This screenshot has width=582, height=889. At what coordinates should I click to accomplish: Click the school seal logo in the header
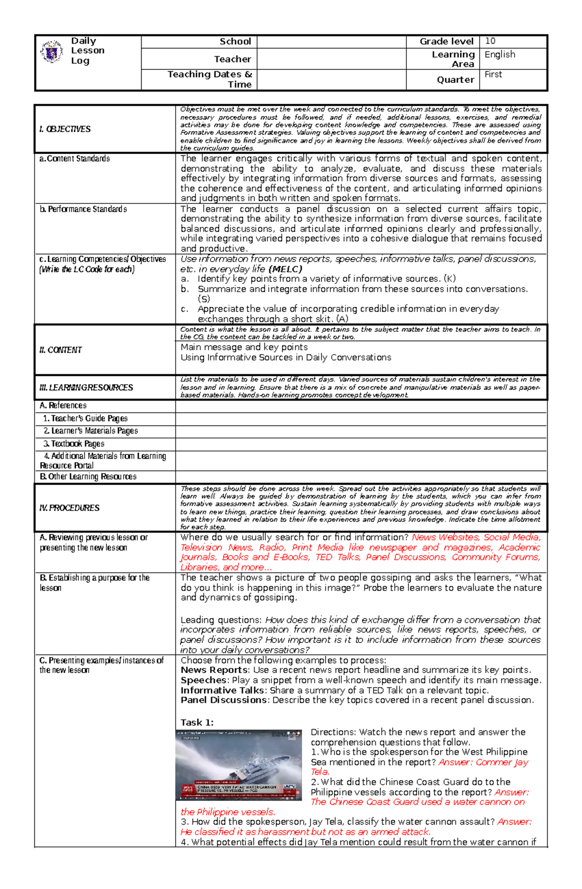click(x=52, y=52)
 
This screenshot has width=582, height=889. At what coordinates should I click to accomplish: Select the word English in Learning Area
click(x=500, y=54)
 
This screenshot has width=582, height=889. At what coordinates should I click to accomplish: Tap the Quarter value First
click(x=493, y=74)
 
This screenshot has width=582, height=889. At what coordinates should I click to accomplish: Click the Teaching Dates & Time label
click(x=210, y=79)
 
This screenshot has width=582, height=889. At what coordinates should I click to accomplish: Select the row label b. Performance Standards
click(x=83, y=209)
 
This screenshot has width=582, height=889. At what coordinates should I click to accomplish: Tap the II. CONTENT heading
click(x=60, y=350)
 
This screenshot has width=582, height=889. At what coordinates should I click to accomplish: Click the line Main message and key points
click(x=244, y=347)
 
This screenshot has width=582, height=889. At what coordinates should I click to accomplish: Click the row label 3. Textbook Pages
click(x=73, y=443)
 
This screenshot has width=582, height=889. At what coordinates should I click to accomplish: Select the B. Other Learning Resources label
click(x=88, y=476)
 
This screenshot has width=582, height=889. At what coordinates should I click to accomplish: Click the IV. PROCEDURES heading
click(x=69, y=508)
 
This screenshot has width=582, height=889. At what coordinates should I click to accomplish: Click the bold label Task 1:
click(x=197, y=722)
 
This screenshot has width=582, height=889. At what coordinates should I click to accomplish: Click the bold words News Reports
click(x=214, y=670)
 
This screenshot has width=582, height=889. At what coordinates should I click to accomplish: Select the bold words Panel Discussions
click(x=223, y=700)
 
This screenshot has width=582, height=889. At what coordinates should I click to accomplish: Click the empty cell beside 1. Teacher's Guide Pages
click(x=361, y=418)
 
